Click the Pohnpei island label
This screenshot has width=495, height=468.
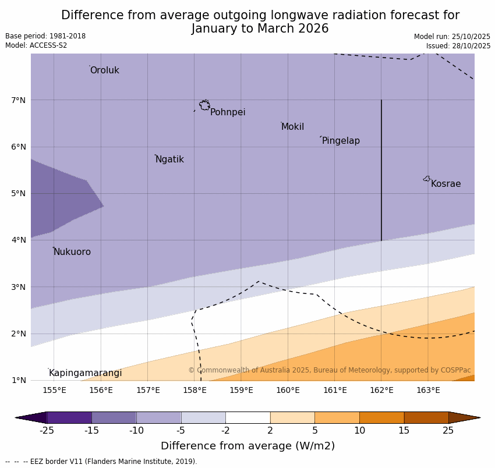click(x=228, y=112)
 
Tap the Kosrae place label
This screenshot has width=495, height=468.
click(x=446, y=184)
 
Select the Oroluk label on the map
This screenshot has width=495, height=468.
click(x=104, y=70)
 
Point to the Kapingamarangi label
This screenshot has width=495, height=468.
click(x=85, y=373)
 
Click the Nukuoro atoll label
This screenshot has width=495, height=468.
click(x=72, y=252)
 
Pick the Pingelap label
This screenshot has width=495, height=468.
click(x=341, y=141)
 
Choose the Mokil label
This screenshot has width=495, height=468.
click(x=292, y=127)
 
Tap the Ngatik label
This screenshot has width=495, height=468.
click(x=169, y=159)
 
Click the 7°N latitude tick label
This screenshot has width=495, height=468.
click(x=19, y=100)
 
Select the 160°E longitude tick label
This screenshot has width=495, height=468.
click(x=288, y=390)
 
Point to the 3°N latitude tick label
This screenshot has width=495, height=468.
click(x=19, y=287)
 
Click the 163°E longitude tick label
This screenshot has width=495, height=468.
click(x=428, y=390)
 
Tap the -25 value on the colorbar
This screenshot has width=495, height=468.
click(x=47, y=431)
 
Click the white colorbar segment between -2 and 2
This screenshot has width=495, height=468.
click(x=248, y=417)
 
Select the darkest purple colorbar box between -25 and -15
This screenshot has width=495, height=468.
click(x=69, y=417)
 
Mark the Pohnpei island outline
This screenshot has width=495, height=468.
click(x=204, y=105)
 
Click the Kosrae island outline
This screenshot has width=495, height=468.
click(x=427, y=179)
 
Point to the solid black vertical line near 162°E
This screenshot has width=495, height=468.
click(x=381, y=169)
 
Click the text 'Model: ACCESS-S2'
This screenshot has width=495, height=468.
click(x=36, y=45)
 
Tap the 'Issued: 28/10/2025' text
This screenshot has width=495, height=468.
click(x=458, y=45)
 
